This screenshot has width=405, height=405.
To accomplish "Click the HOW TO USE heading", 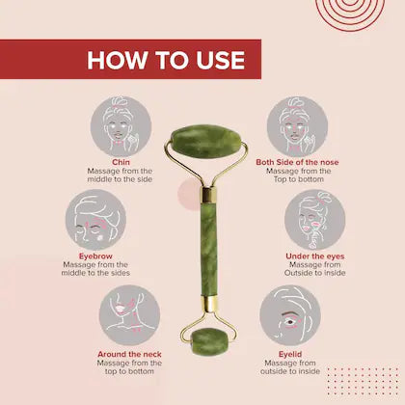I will (x=166, y=60).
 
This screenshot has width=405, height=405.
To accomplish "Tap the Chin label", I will (x=121, y=162).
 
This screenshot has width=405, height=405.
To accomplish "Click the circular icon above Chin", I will (x=121, y=125).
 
